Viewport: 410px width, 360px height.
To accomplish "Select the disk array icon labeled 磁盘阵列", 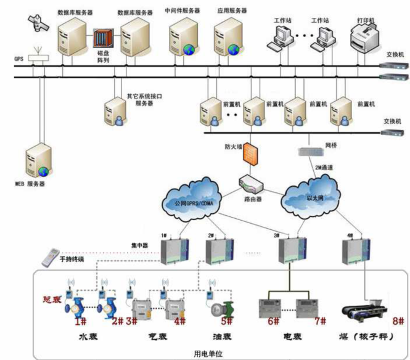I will tap(102, 38).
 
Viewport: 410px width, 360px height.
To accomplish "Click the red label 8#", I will tap(397, 321).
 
